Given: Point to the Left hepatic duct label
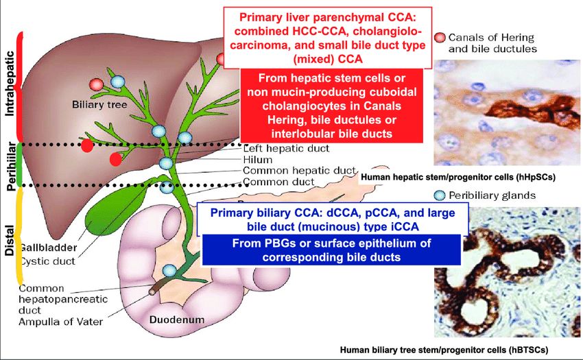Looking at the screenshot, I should (287, 148).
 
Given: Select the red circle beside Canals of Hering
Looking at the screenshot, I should (440, 38).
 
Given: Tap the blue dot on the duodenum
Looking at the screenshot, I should (169, 270).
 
